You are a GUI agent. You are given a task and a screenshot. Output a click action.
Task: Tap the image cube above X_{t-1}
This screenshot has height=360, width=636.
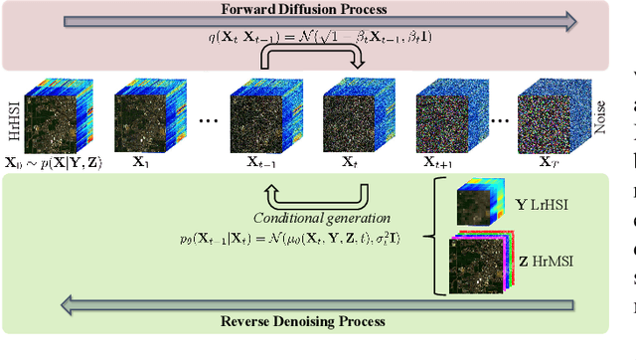[257, 117]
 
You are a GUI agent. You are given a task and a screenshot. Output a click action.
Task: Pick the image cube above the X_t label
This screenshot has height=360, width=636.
[350, 117]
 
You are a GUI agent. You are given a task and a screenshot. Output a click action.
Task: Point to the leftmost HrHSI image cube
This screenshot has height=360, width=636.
[51, 117]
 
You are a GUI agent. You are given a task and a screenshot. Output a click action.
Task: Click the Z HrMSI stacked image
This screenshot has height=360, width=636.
[481, 264]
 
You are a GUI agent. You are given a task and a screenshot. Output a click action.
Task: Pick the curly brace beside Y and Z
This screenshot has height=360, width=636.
[429, 237]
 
